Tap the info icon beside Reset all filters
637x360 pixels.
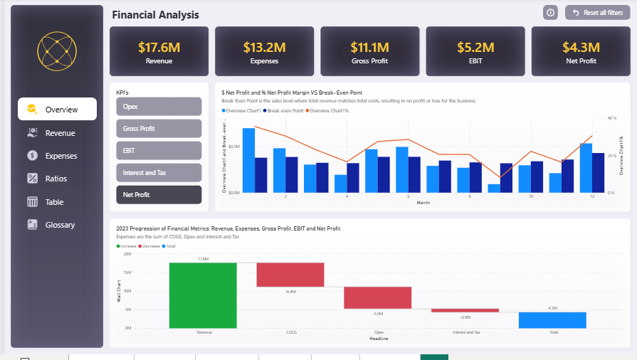coord(550,13)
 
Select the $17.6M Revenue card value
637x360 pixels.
coord(159,48)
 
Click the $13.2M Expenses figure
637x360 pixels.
coord(264,48)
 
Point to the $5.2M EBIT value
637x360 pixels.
coord(475,48)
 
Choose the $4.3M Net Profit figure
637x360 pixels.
coord(580,48)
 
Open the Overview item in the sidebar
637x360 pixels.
coord(57,110)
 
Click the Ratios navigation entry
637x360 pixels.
coord(57,179)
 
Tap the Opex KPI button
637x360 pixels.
coord(159,107)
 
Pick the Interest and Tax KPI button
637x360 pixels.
coord(159,173)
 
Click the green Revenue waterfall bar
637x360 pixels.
coord(203,295)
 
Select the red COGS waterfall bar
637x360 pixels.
coord(290,275)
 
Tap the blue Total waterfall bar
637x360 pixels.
coord(552,320)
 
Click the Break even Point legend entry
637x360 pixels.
coord(285,111)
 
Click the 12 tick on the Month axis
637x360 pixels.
coord(592,196)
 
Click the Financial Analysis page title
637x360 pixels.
coord(156,15)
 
